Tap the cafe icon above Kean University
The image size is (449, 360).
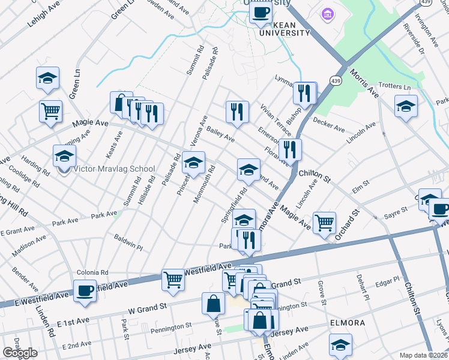(261, 12)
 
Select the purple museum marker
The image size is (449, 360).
(327, 13)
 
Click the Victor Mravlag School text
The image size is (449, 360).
(113, 169)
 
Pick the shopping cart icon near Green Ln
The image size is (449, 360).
(50, 110)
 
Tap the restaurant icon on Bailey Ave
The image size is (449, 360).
(237, 112)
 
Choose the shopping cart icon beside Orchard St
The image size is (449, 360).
(324, 222)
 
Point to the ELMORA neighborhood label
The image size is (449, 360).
(347, 323)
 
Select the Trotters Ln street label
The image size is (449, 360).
(394, 87)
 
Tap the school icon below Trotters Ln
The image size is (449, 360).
(406, 107)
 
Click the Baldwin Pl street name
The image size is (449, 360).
(128, 247)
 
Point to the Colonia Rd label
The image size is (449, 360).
(92, 272)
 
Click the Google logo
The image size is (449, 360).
(20, 353)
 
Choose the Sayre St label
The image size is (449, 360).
(396, 211)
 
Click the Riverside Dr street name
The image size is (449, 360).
(415, 40)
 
